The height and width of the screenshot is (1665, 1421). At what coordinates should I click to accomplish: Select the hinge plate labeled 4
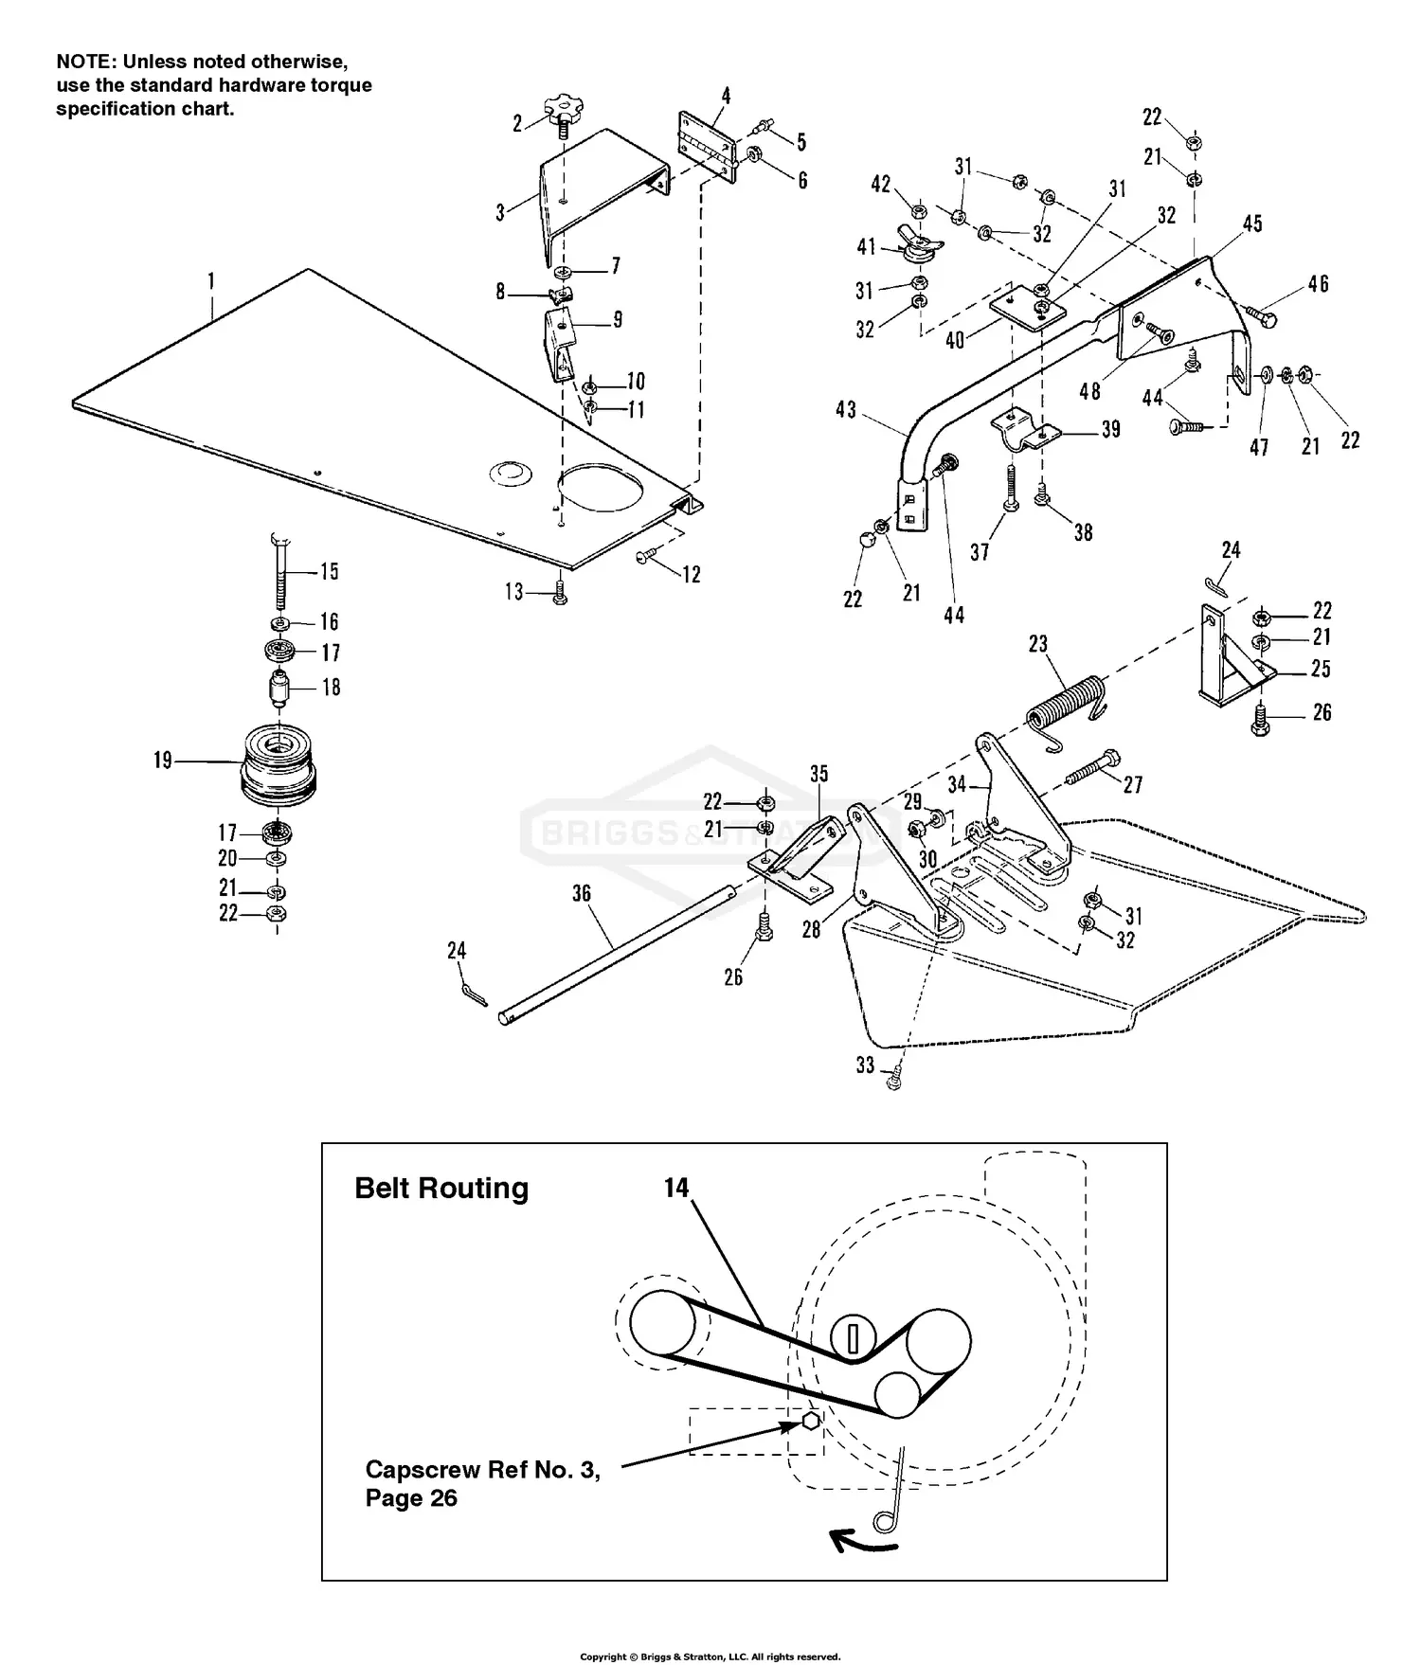[x=706, y=142]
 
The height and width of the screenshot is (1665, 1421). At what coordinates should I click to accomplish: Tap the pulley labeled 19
[x=277, y=764]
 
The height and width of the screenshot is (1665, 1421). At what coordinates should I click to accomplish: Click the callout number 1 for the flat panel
[x=211, y=281]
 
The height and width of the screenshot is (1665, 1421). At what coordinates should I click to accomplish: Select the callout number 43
[x=846, y=409]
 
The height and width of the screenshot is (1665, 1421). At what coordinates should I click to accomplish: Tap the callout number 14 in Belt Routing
[x=676, y=1187]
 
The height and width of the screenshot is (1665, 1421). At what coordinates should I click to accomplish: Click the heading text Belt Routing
[x=441, y=1189]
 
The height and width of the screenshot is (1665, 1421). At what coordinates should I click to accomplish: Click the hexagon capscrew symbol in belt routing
[x=810, y=1421]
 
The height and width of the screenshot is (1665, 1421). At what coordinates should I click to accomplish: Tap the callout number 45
[x=1252, y=224]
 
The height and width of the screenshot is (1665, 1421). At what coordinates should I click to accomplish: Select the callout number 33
[x=865, y=1065]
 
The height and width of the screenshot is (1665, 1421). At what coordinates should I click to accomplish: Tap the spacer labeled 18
[x=279, y=688]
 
